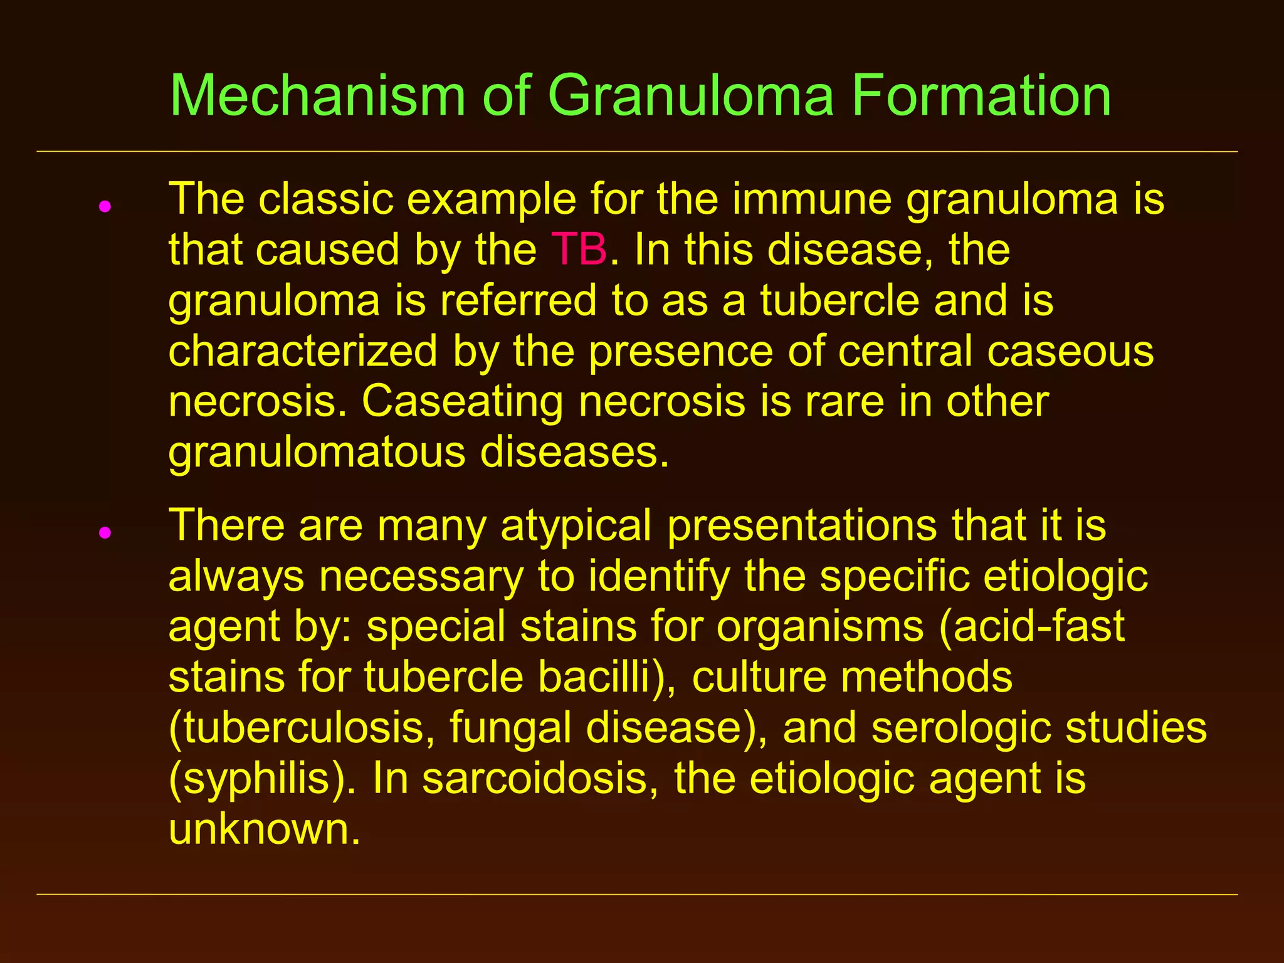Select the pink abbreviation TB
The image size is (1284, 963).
[x=579, y=250]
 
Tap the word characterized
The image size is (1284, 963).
[x=303, y=351]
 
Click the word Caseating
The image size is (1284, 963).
[x=463, y=402]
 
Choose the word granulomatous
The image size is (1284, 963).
[x=317, y=453]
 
